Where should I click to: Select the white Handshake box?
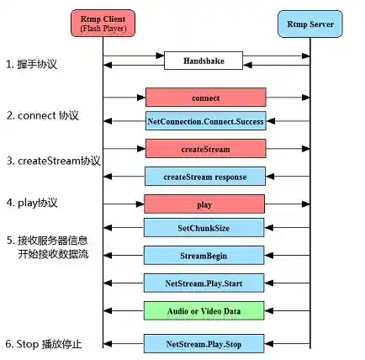tap(204, 61)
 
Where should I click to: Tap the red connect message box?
tap(205, 97)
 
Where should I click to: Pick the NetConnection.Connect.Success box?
tap(205, 121)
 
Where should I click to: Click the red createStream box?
tap(205, 149)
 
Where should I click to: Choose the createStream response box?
tap(205, 176)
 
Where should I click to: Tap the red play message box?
tap(205, 204)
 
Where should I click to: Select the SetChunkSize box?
tap(205, 228)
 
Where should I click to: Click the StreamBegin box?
tap(205, 255)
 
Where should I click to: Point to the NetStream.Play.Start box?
tap(205, 283)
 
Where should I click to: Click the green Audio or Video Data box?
tap(205, 310)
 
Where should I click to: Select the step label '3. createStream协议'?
tap(53, 159)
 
